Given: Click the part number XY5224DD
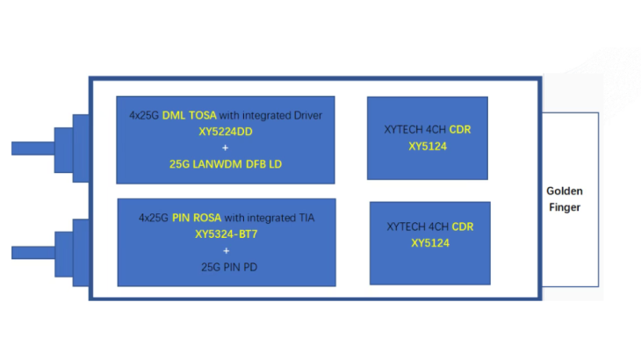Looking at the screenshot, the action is (226, 132).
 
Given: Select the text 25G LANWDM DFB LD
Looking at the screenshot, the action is (226, 164).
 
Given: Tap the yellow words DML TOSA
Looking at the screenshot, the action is (190, 115).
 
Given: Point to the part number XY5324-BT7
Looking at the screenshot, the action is (226, 234).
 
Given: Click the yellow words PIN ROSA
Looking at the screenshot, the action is (197, 218).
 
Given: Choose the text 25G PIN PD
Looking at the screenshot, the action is (229, 267).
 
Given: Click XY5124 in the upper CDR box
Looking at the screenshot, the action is (428, 147).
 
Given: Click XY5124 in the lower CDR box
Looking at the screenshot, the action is (430, 243).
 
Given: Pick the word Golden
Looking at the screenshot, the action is (565, 191).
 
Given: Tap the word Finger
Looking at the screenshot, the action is (565, 207).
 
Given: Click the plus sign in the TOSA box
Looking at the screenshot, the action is (226, 148).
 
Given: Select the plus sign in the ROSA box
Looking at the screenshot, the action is (226, 250).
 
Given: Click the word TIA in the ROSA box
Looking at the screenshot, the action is (306, 218).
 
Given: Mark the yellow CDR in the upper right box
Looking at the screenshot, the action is (460, 130).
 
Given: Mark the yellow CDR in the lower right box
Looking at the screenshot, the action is (463, 227).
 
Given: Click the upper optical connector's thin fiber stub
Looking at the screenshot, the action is (33, 148).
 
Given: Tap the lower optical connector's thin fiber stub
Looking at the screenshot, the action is (33, 253).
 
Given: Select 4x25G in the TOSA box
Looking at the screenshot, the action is (144, 115).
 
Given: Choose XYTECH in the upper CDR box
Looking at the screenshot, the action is (404, 130).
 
